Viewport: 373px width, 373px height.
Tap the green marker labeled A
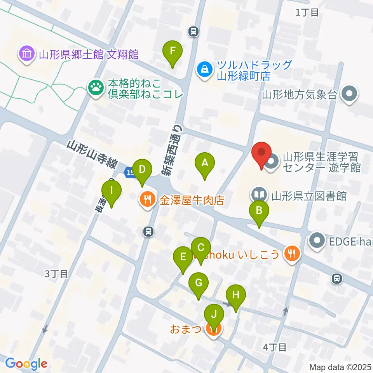click(x=205, y=163)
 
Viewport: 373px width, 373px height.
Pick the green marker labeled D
click(x=142, y=170)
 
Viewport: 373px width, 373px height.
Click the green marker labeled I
click(x=112, y=191)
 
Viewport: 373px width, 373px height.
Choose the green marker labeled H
click(x=236, y=295)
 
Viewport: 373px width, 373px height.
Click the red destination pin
click(x=262, y=153)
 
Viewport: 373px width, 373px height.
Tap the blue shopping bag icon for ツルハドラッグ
click(x=204, y=70)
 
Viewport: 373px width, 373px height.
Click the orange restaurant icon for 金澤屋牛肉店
click(x=147, y=200)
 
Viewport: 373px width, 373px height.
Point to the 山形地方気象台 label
click(x=299, y=94)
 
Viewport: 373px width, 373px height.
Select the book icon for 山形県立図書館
click(x=259, y=195)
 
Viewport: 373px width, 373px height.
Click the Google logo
click(x=26, y=364)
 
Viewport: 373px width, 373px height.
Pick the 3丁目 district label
click(x=56, y=274)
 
